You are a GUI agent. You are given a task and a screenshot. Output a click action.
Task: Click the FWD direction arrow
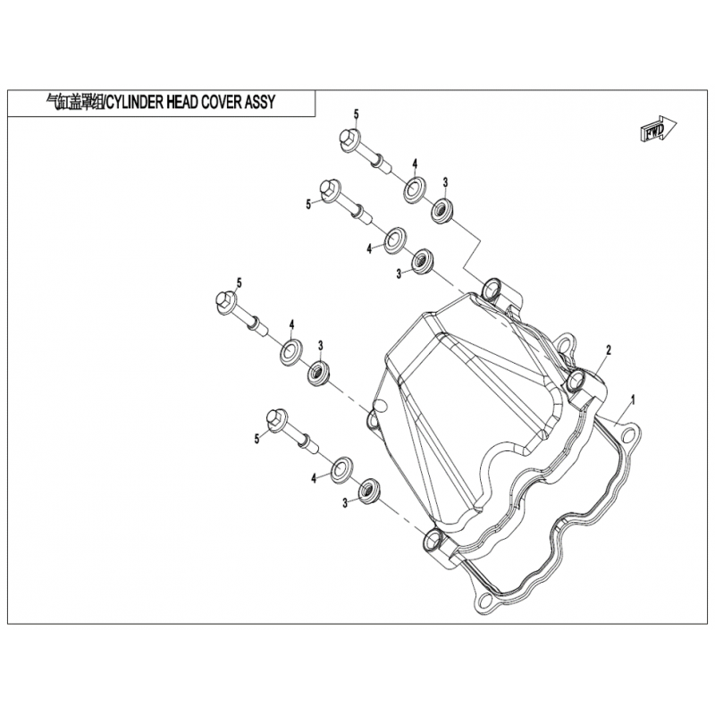tap(659, 130)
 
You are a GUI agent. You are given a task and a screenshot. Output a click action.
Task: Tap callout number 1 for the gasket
tap(633, 400)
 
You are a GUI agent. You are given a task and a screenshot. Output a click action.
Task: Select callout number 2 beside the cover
tap(609, 350)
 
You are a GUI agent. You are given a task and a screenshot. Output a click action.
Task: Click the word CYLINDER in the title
tap(133, 102)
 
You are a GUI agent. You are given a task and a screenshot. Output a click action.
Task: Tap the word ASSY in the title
tap(260, 102)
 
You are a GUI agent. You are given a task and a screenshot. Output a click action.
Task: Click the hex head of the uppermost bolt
tap(349, 139)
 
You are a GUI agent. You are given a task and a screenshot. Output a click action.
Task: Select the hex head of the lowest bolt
tap(276, 419)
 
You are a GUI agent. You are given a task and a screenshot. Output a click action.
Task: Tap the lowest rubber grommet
tap(369, 490)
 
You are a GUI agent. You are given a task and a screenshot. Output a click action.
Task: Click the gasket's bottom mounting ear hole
tap(485, 599)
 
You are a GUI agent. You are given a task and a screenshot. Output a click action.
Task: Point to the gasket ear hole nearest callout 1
tap(628, 435)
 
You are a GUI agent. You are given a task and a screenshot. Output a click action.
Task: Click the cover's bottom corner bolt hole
tap(433, 541)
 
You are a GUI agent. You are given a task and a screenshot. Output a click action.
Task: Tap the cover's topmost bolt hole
tap(491, 288)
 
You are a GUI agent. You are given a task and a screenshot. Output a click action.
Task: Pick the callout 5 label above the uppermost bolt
tap(356, 114)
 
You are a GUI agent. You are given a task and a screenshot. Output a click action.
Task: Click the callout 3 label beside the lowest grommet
tap(345, 503)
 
